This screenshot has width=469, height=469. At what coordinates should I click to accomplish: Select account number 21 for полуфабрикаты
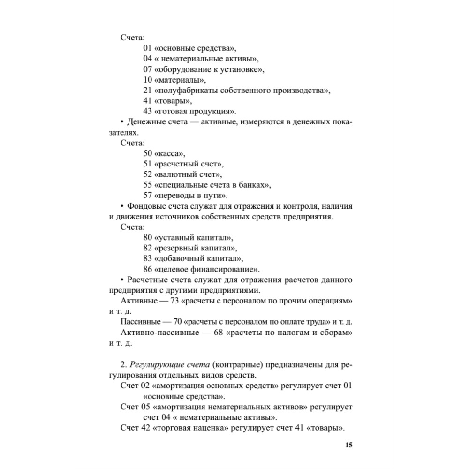coord(148,90)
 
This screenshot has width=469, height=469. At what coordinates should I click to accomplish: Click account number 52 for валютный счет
coord(148,174)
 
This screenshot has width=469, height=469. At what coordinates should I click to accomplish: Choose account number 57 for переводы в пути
coord(148,195)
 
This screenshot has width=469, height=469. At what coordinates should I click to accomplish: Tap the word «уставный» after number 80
coord(173,237)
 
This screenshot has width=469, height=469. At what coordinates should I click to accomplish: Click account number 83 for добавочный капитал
coord(148,258)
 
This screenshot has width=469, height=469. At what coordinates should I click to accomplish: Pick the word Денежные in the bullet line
coord(144,121)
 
